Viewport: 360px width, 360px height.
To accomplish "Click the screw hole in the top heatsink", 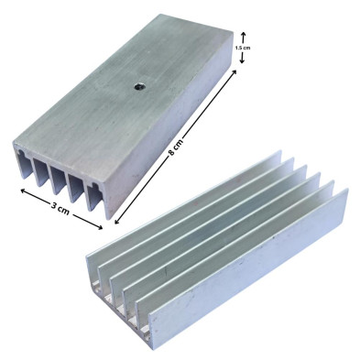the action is click(x=138, y=87).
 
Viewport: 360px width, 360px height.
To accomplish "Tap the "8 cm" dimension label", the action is click(x=176, y=147).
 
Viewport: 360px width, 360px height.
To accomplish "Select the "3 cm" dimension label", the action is click(x=60, y=208).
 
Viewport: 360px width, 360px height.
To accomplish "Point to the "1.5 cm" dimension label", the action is click(x=243, y=48).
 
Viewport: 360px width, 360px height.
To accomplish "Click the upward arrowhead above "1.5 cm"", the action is click(x=243, y=34).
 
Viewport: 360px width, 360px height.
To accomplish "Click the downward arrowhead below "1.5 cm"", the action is click(x=242, y=60).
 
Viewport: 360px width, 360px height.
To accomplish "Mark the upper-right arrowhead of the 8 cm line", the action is click(x=234, y=71).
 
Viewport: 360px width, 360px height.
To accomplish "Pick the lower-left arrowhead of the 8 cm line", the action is click(x=116, y=221).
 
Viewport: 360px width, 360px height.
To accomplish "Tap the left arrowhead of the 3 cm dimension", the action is click(x=23, y=191).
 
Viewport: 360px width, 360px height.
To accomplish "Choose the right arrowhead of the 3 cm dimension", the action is click(x=100, y=226).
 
